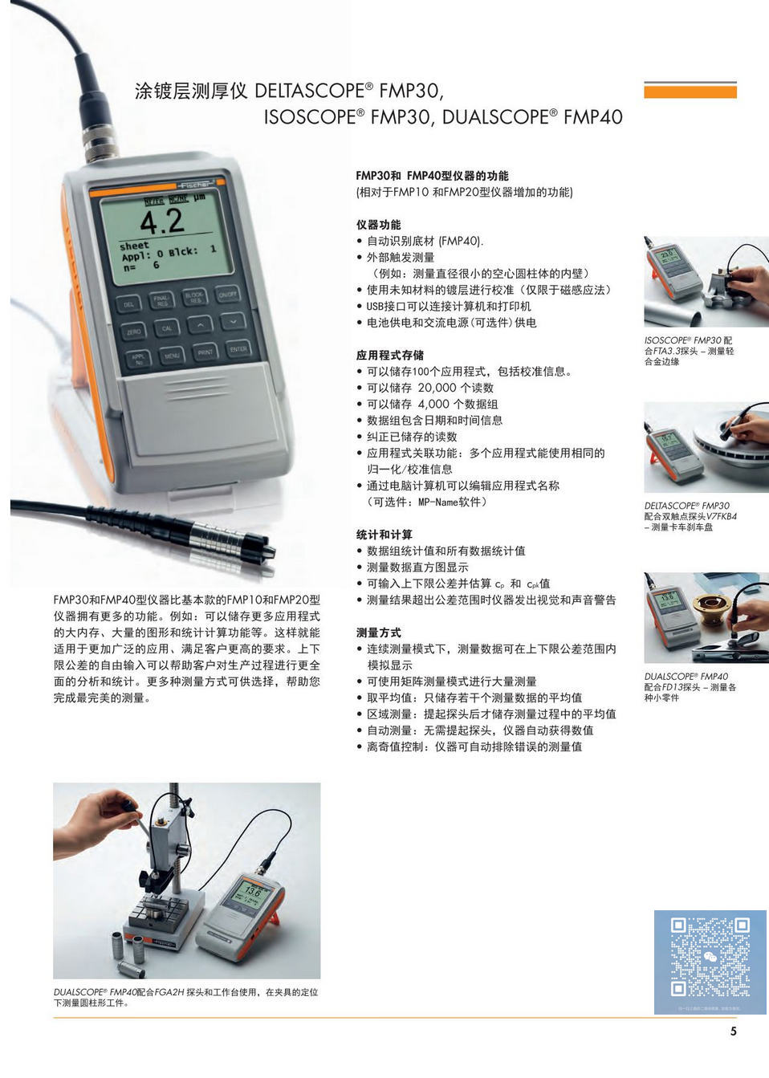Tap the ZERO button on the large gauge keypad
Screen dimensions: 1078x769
coord(133,331)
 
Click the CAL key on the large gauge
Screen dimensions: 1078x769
coord(167,327)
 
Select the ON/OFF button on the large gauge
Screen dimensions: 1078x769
coord(227,295)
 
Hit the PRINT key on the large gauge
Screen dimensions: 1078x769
coord(205,352)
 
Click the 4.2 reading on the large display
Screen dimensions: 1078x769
coord(162,221)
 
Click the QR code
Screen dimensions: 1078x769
coord(710,957)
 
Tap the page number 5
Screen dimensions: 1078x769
coord(733,1031)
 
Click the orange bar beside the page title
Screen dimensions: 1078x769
coord(690,91)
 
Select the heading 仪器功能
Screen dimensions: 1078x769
coord(378,225)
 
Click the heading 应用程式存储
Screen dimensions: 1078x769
coord(389,355)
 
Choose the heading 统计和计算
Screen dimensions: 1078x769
coord(384,535)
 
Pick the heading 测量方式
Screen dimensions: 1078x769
coord(378,633)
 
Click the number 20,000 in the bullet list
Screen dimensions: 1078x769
coord(437,388)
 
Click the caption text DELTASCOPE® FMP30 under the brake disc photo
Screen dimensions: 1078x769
coord(686,506)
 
